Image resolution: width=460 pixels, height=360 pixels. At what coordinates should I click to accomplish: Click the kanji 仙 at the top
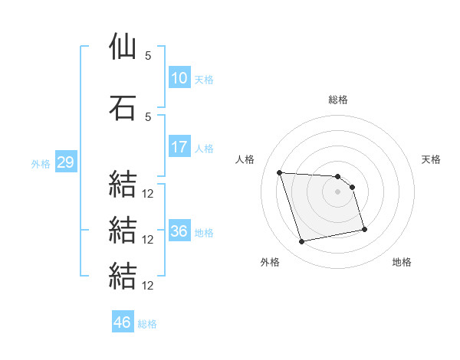coord(123,46)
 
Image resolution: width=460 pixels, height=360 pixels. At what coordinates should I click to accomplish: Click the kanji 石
coord(123,107)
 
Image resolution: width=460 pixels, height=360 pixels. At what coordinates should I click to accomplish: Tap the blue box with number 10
coord(179,77)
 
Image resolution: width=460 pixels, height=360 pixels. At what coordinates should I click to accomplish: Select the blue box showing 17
coord(179,146)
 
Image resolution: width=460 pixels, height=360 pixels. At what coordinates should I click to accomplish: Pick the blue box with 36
coord(179,230)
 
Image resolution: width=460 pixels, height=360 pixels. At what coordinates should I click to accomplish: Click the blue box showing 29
coord(66,162)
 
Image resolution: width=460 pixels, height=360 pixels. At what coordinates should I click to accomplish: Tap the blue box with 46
coord(123,321)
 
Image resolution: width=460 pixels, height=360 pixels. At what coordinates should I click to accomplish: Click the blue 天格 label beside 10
coord(204,80)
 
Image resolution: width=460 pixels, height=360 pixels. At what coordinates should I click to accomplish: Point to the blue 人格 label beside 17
coord(204,149)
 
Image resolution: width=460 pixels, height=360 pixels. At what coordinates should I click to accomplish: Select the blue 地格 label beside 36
coord(204,233)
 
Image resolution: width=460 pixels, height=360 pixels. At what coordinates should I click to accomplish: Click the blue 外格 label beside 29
coord(41,164)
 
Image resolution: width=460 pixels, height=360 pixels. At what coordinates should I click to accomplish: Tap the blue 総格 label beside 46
coord(147,324)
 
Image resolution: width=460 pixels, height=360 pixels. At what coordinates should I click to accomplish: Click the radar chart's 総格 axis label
coord(338,100)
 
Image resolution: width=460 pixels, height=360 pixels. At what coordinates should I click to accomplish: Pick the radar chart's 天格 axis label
coord(431,159)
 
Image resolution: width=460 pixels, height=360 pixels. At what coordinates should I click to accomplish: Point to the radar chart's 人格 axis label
coord(245,159)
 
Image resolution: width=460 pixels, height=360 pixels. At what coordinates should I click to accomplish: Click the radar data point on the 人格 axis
coord(280,172)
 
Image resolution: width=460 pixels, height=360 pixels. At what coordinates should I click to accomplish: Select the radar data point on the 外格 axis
coord(301,242)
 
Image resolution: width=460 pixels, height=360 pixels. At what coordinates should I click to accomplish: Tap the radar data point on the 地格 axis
coord(365,229)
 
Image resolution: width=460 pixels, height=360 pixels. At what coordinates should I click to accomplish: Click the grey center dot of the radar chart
coord(337,191)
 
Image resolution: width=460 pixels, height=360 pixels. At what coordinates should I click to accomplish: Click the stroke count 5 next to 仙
coord(148,56)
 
